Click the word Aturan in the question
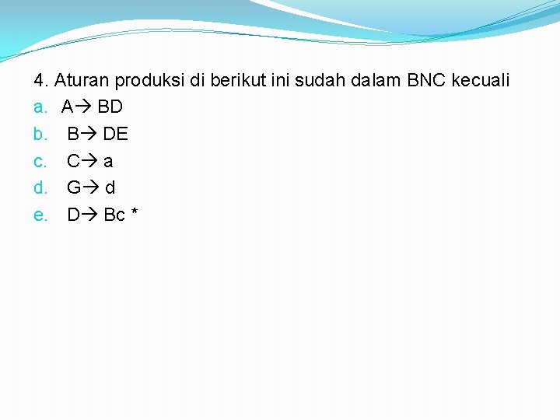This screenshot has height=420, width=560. [x=81, y=80]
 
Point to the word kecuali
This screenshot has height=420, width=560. [x=482, y=80]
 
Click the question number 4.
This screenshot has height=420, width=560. [x=41, y=80]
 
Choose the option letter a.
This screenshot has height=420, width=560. [x=39, y=107]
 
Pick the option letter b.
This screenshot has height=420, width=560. [x=39, y=134]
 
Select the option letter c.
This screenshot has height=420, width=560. [x=39, y=161]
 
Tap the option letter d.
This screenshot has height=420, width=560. [x=39, y=187]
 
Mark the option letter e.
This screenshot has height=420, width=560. [x=39, y=215]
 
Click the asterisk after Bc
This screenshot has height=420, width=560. [x=135, y=213]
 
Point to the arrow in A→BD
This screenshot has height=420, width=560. [x=83, y=107]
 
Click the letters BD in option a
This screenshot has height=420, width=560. [x=110, y=107]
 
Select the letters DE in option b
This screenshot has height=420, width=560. [x=115, y=134]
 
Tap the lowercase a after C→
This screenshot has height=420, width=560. [x=108, y=162]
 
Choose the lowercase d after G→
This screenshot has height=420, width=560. [x=110, y=187]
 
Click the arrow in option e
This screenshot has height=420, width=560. [x=90, y=215]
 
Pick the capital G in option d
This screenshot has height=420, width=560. [x=74, y=187]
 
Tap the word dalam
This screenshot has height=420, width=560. [x=372, y=80]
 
